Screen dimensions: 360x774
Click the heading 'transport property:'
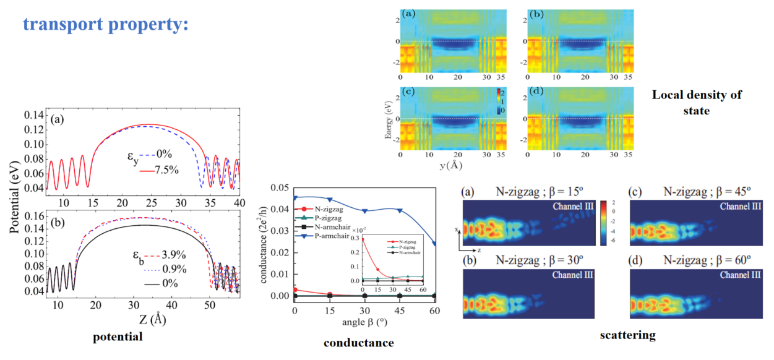(x=105, y=24)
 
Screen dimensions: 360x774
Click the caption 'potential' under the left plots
(x=118, y=337)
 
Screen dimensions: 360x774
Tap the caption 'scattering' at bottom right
(x=628, y=335)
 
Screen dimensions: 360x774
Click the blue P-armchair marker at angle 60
(x=435, y=244)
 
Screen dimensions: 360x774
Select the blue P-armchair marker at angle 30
(x=365, y=211)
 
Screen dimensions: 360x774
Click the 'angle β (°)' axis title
(x=364, y=322)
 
